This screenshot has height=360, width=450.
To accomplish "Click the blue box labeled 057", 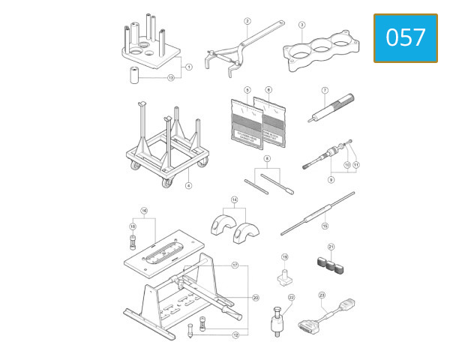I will [x=405, y=37].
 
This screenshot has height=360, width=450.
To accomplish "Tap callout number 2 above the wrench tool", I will [x=247, y=21].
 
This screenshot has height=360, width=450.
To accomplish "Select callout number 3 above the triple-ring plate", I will [x=301, y=24].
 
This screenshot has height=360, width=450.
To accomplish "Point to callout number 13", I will [x=171, y=77].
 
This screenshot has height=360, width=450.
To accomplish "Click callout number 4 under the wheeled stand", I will [x=188, y=185].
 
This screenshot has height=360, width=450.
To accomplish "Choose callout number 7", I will [x=325, y=91].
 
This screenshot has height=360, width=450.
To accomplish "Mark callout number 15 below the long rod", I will [x=325, y=224].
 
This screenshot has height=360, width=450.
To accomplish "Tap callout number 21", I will [x=331, y=247].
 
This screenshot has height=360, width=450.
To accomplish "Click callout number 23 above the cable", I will [x=322, y=295].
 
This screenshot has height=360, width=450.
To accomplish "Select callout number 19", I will [x=285, y=256].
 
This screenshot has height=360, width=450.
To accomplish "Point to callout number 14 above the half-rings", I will [x=235, y=199].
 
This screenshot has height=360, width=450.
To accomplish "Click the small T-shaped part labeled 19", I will [x=284, y=278].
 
